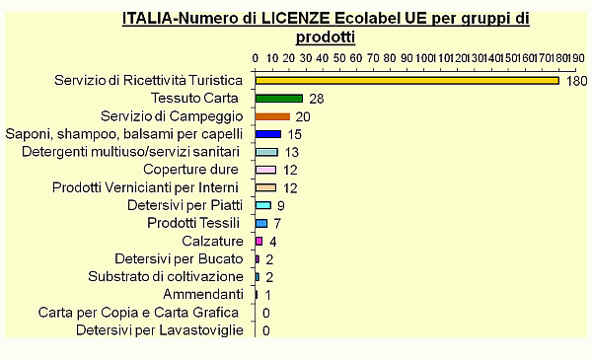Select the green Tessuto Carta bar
[279, 99]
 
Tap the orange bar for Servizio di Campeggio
[272, 116]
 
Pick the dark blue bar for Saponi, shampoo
[268, 134]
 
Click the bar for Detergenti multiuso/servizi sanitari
[266, 152]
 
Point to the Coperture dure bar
[265, 170]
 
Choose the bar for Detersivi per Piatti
[263, 205]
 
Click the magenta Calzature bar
[259, 241]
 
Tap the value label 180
[576, 81]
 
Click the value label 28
[317, 99]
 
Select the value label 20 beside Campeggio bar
[303, 116]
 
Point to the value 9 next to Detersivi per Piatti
[281, 205]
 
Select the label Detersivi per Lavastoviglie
[159, 329]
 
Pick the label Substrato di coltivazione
[165, 276]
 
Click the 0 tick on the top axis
[256, 57]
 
